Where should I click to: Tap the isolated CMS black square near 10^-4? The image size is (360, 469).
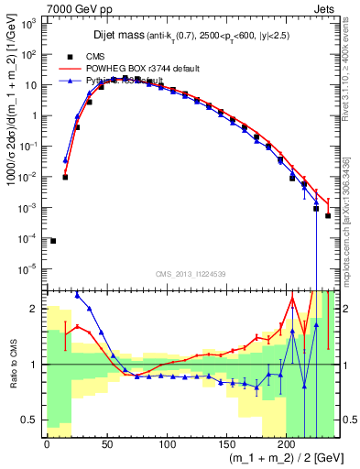coord(53,241)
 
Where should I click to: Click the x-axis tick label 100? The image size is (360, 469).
coord(167,444)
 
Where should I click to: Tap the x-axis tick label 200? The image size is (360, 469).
coord(287,444)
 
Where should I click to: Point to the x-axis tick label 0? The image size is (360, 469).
coord(47,444)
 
